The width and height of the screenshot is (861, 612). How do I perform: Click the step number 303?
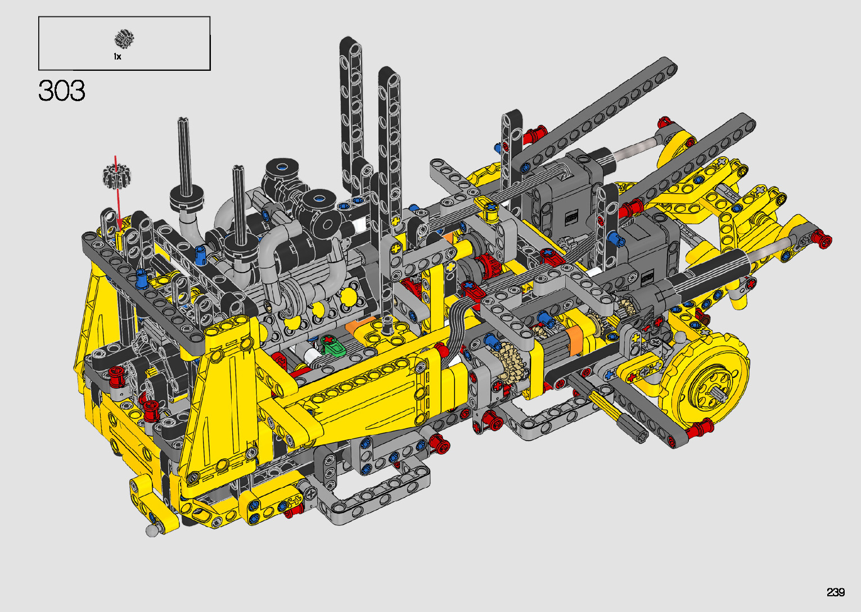pyautogui.click(x=61, y=91)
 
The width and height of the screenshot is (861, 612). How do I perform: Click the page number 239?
pyautogui.click(x=835, y=592)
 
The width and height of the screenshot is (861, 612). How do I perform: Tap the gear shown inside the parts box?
pyautogui.click(x=124, y=39)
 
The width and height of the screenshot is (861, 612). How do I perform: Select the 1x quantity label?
pyautogui.click(x=117, y=57)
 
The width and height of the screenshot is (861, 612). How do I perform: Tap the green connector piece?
pyautogui.click(x=332, y=345)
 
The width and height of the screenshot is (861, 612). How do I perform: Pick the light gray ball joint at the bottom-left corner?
pyautogui.click(x=152, y=531)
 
